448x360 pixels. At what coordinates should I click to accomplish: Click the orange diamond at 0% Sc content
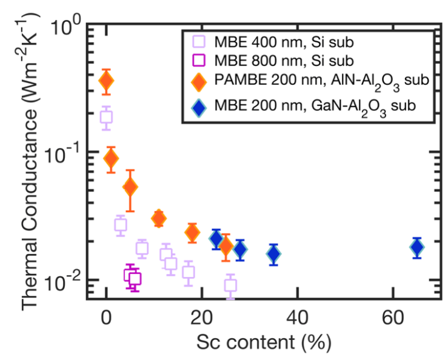coord(107,81)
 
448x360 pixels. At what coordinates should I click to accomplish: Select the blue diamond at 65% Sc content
coord(416,247)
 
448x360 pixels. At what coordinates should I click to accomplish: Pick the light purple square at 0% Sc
coord(107,118)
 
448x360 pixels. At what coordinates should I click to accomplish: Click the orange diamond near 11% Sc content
coord(159,219)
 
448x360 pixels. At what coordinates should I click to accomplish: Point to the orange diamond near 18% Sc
coord(192,232)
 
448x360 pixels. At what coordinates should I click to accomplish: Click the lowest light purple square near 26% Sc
coord(230,285)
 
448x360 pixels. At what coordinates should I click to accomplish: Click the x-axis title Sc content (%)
coord(263,342)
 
